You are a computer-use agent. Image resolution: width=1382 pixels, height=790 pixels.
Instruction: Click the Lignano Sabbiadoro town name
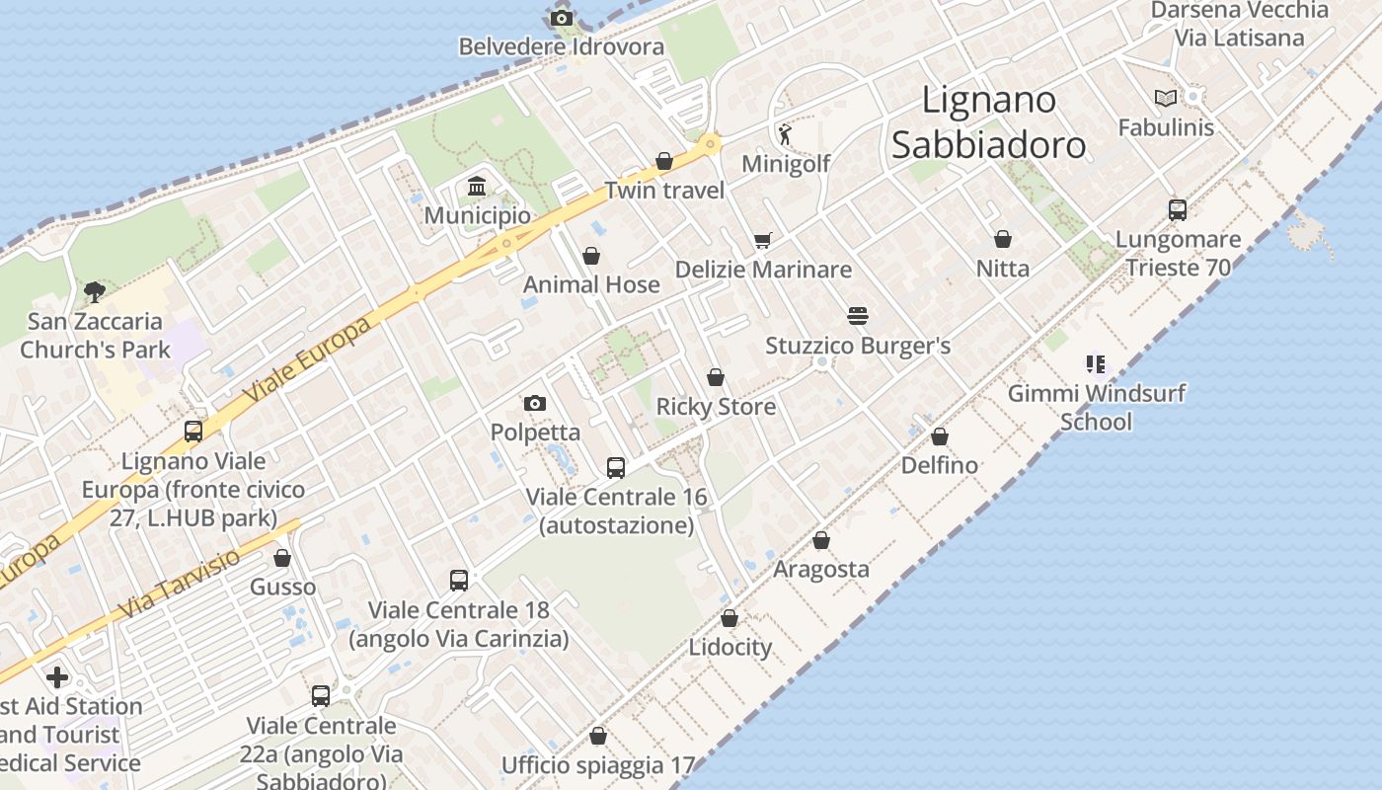(x=988, y=121)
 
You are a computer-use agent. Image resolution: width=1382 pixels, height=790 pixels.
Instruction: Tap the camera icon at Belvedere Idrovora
(x=561, y=18)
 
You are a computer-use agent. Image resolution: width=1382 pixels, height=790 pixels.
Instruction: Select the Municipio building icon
(x=477, y=186)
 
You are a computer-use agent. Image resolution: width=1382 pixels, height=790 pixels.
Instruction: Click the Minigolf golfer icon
(x=785, y=133)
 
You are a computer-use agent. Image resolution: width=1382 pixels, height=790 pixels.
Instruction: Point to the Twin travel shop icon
(x=664, y=161)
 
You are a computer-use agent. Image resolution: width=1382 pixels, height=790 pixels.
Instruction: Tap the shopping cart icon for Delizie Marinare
(x=762, y=240)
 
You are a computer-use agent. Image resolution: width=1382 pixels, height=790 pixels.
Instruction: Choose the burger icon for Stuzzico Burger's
(x=857, y=316)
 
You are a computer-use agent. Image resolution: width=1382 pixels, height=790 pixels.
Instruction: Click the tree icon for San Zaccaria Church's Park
(x=95, y=291)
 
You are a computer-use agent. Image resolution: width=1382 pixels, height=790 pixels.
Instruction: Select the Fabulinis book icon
(x=1166, y=98)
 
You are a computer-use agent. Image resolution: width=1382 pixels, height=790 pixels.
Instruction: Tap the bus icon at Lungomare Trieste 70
(x=1177, y=209)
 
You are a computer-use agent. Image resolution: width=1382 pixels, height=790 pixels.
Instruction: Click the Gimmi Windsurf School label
(x=1096, y=407)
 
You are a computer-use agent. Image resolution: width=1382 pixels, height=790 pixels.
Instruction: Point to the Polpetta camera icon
(x=534, y=403)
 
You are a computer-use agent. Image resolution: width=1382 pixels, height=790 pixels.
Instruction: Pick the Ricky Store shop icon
(x=716, y=377)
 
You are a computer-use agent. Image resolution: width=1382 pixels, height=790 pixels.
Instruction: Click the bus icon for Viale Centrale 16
(x=616, y=467)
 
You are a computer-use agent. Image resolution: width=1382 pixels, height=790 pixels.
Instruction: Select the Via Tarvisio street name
(x=180, y=585)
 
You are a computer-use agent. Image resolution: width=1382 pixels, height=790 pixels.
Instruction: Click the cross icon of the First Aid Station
(x=57, y=677)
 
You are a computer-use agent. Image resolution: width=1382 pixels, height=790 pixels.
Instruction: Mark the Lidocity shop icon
(x=729, y=618)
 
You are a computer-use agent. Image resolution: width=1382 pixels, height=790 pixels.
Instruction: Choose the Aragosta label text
(x=820, y=569)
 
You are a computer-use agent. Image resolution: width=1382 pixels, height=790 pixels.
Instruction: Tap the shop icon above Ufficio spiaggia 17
(x=597, y=736)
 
